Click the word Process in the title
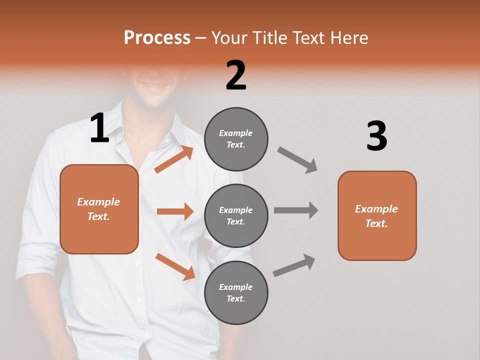(157, 37)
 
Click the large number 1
(99, 128)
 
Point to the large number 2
(236, 75)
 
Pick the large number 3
(376, 136)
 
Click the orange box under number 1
(99, 209)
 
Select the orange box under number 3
(377, 215)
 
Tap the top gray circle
(236, 138)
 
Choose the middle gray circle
(236, 215)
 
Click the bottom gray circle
(236, 292)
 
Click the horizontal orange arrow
(175, 211)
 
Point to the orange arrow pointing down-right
(175, 266)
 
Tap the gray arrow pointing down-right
(297, 160)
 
